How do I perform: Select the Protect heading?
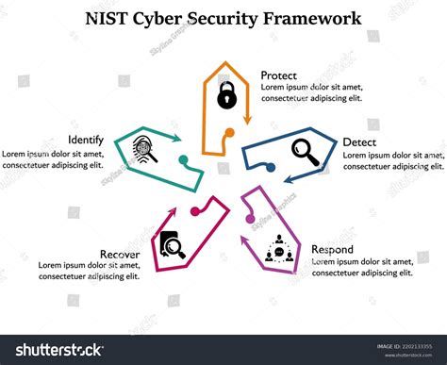(279, 75)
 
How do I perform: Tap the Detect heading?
(359, 141)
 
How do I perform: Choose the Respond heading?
(333, 249)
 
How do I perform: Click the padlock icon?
(225, 95)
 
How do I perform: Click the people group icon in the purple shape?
(278, 250)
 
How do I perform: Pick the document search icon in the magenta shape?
(172, 244)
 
